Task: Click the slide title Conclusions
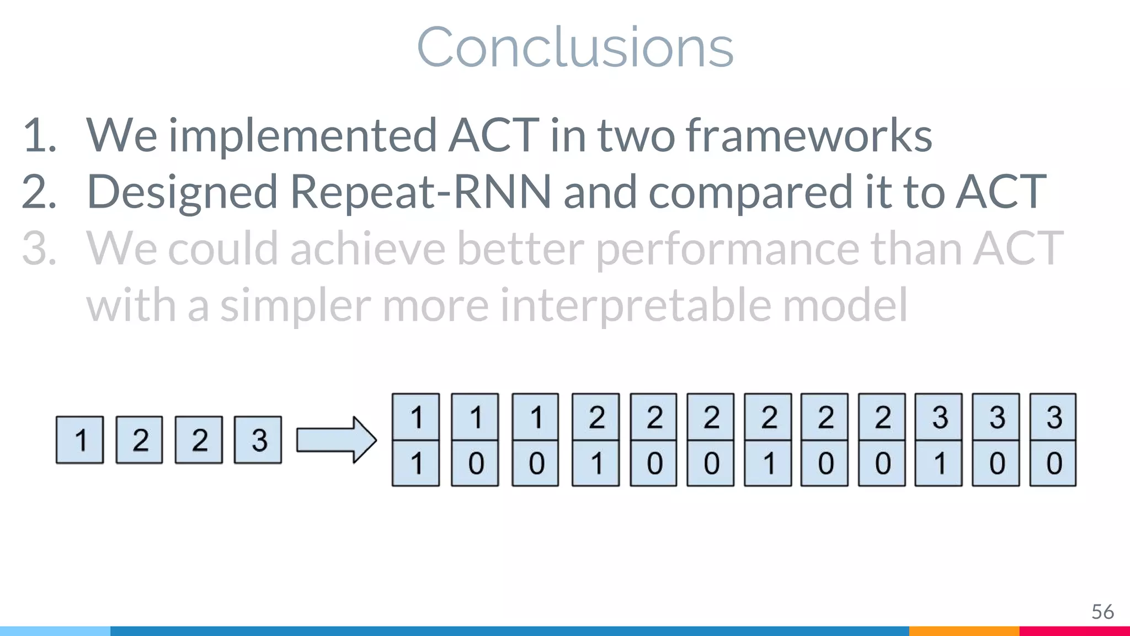[575, 47]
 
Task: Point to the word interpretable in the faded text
[635, 305]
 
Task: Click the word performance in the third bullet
[728, 248]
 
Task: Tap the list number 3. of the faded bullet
[39, 248]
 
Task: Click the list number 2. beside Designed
[39, 192]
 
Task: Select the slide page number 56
[1102, 612]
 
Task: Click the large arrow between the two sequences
[336, 440]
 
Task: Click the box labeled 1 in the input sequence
[80, 440]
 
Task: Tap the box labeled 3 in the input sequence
[258, 440]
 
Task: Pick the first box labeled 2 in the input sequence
[140, 440]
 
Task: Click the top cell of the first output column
[416, 417]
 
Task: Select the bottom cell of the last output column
[1053, 463]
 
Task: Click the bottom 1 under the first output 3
[939, 463]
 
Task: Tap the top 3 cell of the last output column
[1053, 417]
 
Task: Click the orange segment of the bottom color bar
[964, 631]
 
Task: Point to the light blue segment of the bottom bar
[55, 631]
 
